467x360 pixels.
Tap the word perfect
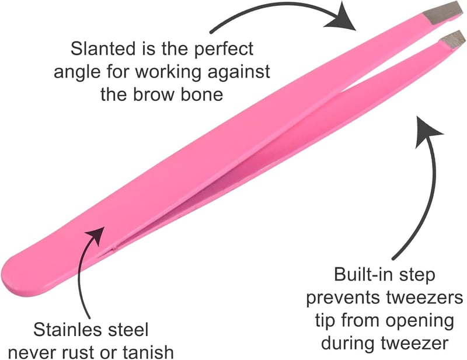point(224,50)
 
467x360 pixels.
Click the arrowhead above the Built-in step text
point(427,132)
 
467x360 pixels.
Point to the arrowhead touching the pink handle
point(96,236)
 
